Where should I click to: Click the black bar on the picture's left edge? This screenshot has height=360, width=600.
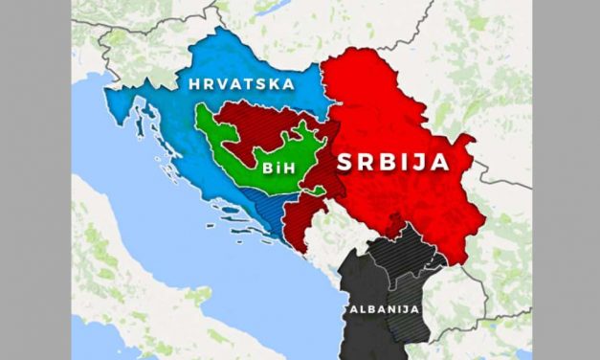coord(34,180)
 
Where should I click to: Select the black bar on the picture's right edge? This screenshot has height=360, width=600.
coord(566,180)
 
